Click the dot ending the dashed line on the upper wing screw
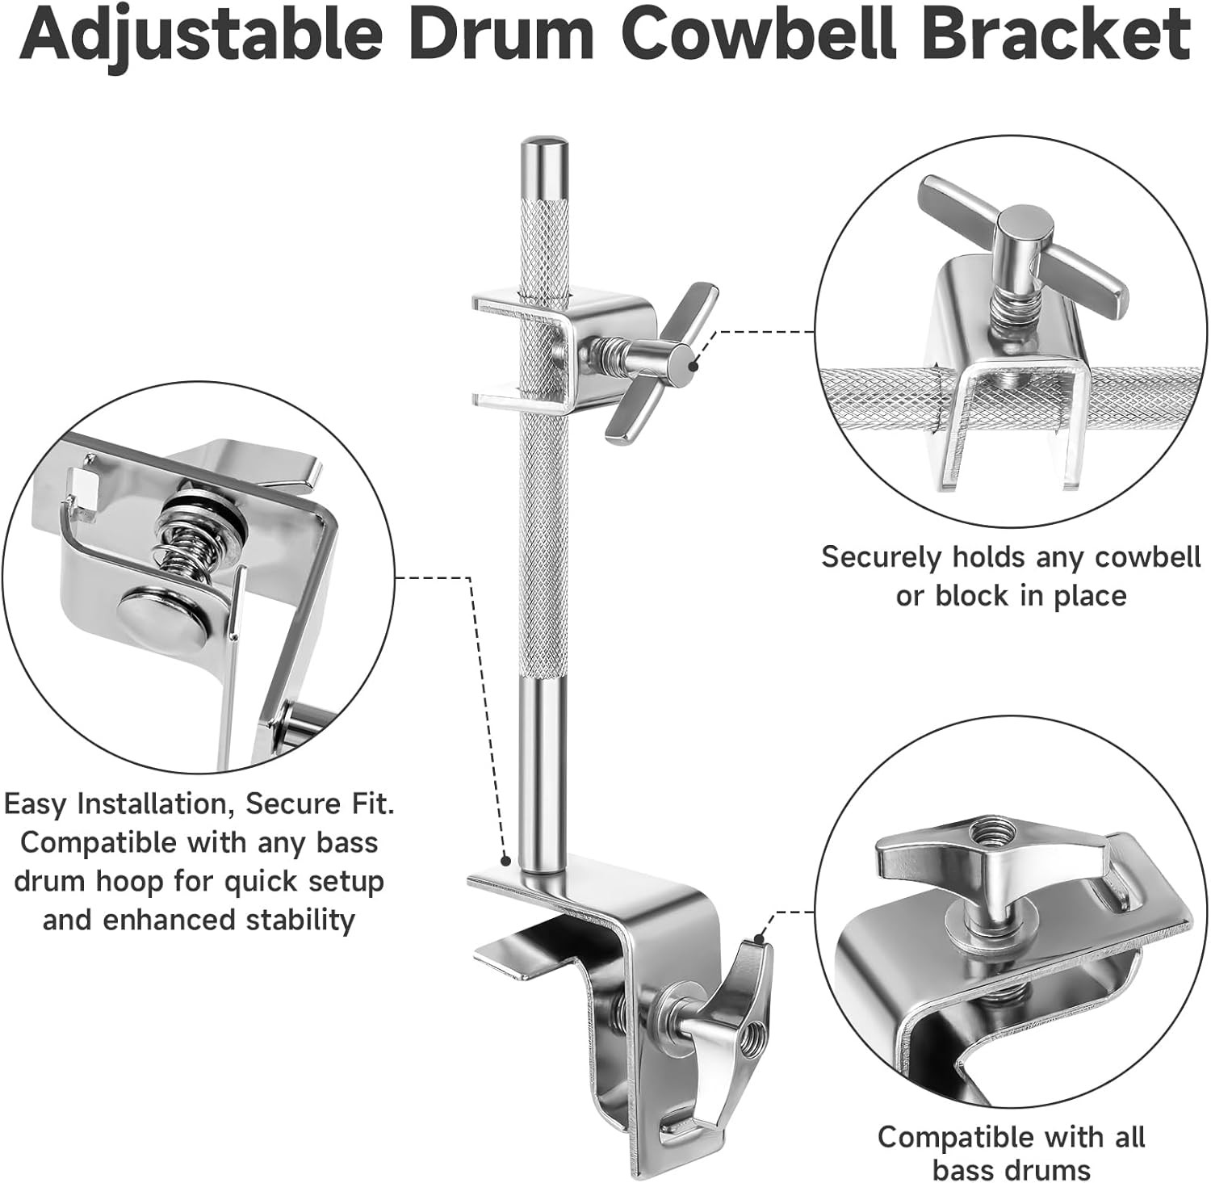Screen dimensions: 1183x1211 point(692,365)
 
